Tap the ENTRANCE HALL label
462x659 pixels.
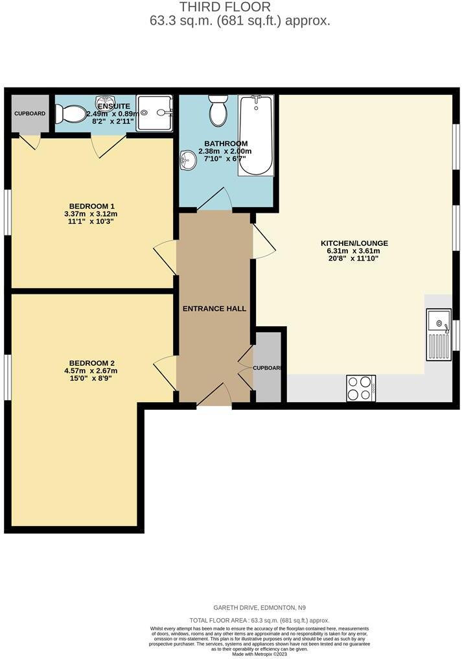tap(214, 309)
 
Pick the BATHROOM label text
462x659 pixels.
tap(225, 143)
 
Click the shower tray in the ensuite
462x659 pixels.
tap(154, 114)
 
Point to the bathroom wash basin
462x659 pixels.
tap(189, 159)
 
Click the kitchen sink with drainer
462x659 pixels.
tap(439, 335)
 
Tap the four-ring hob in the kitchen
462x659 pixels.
tap(361, 388)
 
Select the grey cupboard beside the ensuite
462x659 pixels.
tap(30, 114)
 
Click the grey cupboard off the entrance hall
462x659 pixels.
tap(268, 368)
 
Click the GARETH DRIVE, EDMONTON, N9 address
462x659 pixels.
tap(259, 608)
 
